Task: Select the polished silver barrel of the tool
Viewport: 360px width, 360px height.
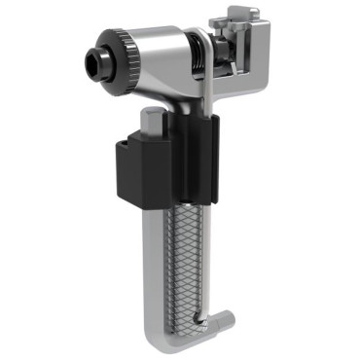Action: point(165,58)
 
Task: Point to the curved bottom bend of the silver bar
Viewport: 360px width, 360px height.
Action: point(165,336)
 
